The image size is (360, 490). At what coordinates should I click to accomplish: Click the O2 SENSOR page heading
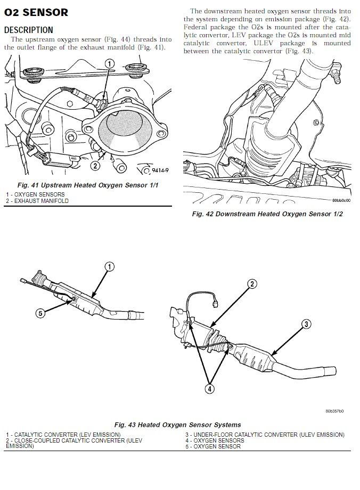(36, 12)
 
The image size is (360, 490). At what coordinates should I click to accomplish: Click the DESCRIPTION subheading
(28, 30)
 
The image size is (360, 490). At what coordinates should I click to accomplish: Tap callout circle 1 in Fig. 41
(109, 64)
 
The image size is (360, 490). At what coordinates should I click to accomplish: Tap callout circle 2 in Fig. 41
(95, 165)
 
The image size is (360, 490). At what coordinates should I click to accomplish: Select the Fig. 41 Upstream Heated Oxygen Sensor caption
(88, 185)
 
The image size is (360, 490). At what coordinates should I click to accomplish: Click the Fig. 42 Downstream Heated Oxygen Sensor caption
(267, 214)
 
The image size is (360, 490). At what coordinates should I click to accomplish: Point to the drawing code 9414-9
(160, 170)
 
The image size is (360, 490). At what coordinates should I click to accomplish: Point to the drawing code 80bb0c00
(341, 201)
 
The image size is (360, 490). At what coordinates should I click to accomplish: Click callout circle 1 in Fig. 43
(109, 266)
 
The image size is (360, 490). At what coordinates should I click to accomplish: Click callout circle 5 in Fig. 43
(40, 313)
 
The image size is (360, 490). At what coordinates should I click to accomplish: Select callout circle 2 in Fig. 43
(252, 284)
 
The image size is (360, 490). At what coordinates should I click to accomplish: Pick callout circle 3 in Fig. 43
(306, 324)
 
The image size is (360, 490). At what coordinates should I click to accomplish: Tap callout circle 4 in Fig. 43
(209, 389)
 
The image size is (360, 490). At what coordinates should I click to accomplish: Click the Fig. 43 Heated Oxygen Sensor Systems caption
(177, 424)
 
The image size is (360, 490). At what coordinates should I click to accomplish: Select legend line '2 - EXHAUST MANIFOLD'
(37, 201)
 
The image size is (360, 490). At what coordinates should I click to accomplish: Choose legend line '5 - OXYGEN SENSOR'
(213, 446)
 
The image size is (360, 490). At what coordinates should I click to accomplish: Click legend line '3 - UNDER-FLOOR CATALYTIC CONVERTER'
(265, 435)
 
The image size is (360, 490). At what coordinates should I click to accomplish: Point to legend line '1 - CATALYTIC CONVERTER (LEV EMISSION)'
(63, 435)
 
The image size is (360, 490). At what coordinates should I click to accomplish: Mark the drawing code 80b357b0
(334, 411)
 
